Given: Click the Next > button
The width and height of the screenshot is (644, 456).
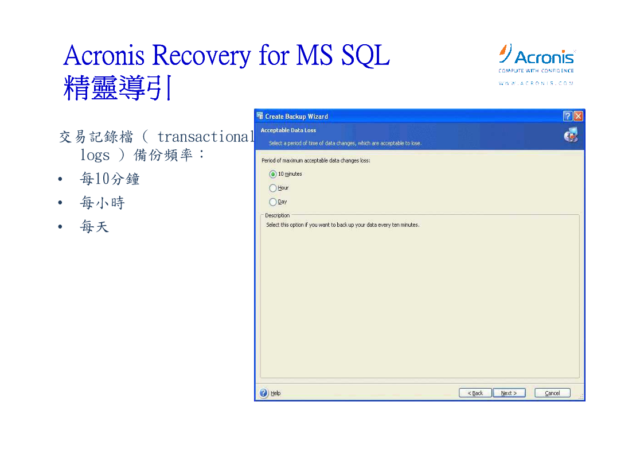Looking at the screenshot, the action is point(509,393).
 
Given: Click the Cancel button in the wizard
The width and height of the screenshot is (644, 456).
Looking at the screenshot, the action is point(552,393).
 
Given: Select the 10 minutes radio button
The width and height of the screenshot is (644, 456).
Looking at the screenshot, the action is point(273,175).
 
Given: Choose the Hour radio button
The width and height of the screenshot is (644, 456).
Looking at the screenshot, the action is point(273,188).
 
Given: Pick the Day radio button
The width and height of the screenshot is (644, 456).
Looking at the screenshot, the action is point(273,202).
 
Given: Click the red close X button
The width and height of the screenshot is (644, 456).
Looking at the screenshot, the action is point(578,116).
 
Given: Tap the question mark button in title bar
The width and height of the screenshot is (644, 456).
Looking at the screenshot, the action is point(568,116).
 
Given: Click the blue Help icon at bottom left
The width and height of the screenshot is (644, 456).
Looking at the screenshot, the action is point(264,393).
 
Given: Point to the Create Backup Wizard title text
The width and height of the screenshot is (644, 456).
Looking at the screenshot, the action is point(296,117).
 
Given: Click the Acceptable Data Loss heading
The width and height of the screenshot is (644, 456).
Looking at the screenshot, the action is point(288,130).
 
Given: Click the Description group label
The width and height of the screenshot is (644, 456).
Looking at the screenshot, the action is point(277,215).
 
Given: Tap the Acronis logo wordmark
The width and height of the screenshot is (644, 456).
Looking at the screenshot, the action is point(544,57).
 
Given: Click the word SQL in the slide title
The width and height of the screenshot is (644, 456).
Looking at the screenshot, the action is point(365,55).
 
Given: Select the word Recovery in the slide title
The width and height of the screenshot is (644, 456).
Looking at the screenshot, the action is point(201,56).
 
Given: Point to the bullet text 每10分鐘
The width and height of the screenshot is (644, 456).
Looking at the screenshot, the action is point(110,179).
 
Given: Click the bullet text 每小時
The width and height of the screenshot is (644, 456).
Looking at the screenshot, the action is point(103,203).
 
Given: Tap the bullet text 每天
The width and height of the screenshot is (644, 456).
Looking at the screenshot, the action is point(95,226).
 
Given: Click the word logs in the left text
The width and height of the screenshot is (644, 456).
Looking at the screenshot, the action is point(95,156).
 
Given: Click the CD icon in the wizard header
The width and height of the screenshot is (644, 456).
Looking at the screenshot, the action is point(571,135).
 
